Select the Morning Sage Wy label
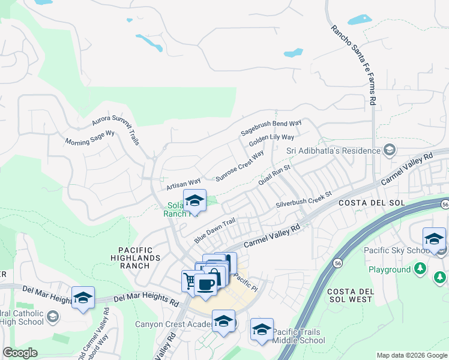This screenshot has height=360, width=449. pyautogui.click(x=89, y=139)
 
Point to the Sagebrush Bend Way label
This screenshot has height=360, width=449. pyautogui.click(x=271, y=127)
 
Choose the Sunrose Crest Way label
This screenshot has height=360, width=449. pyautogui.click(x=240, y=166)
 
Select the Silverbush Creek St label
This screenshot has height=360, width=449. pyautogui.click(x=304, y=200)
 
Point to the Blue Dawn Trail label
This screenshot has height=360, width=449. pyautogui.click(x=214, y=230)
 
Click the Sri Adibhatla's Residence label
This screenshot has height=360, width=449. pyautogui.click(x=334, y=150)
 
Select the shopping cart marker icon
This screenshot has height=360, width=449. pyautogui.click(x=191, y=280)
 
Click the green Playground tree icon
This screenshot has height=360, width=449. pyautogui.click(x=421, y=268)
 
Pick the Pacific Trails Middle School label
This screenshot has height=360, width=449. pyautogui.click(x=299, y=336)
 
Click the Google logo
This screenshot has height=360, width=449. pyautogui.click(x=20, y=353)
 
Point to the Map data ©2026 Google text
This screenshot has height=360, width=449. pyautogui.click(x=411, y=355)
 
